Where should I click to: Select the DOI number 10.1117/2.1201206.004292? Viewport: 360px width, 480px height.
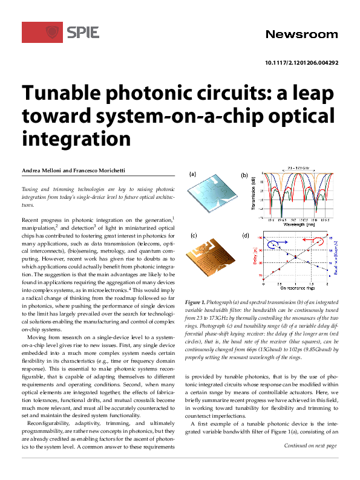click(301, 62)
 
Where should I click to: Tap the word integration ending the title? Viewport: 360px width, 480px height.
click(76, 138)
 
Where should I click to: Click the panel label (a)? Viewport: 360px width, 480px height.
click(193, 174)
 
